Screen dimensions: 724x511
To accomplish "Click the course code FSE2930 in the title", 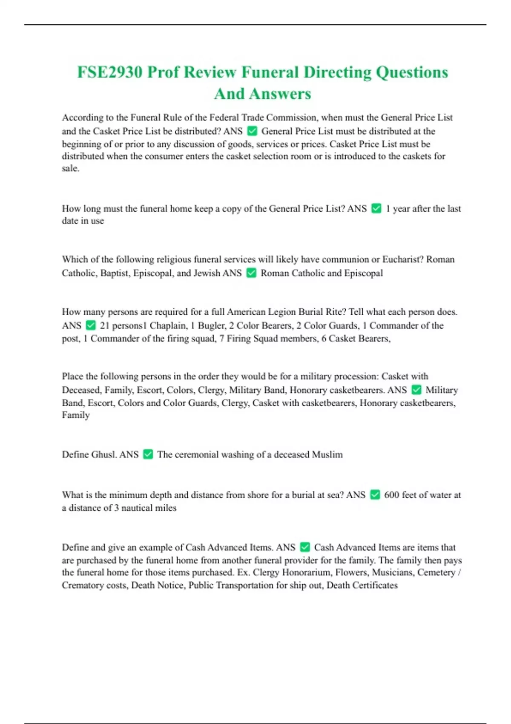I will pos(109,72).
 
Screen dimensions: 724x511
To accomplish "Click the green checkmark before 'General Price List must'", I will pos(252,131).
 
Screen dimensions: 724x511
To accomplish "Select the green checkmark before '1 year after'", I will pos(376,208).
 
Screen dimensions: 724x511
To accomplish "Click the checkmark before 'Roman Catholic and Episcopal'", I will pos(252,273).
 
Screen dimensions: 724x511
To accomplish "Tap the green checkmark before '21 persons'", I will pos(91,325).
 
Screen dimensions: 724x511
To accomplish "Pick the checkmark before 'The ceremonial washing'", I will pos(148,454).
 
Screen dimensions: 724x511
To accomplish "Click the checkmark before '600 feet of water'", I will pos(375,494).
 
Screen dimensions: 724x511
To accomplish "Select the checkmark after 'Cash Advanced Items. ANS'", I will pos(305,547).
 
